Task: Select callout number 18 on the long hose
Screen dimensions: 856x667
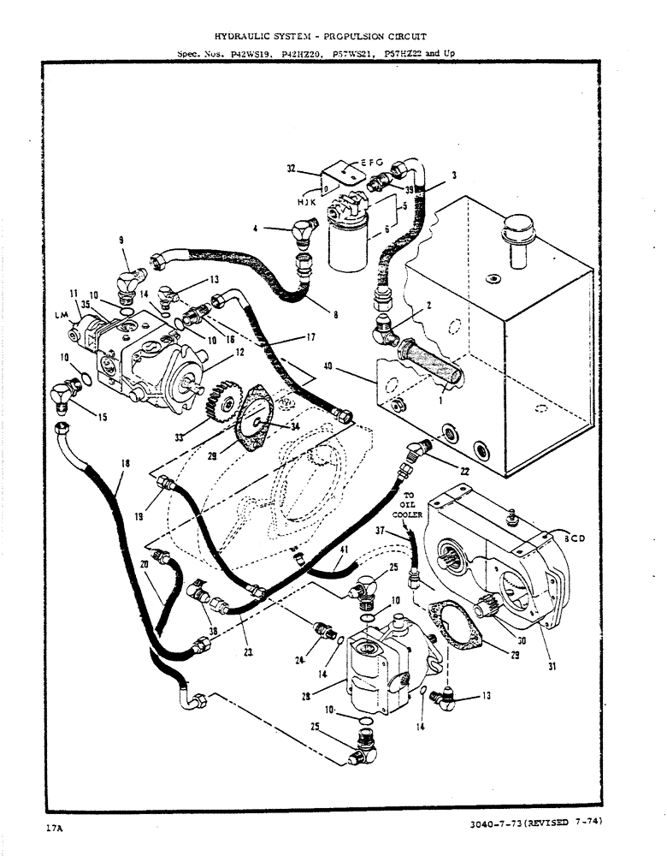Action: click(126, 464)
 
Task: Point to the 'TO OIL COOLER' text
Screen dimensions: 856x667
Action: click(408, 506)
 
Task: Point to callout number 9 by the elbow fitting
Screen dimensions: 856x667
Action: click(121, 241)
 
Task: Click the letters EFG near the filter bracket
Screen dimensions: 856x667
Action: click(370, 163)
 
